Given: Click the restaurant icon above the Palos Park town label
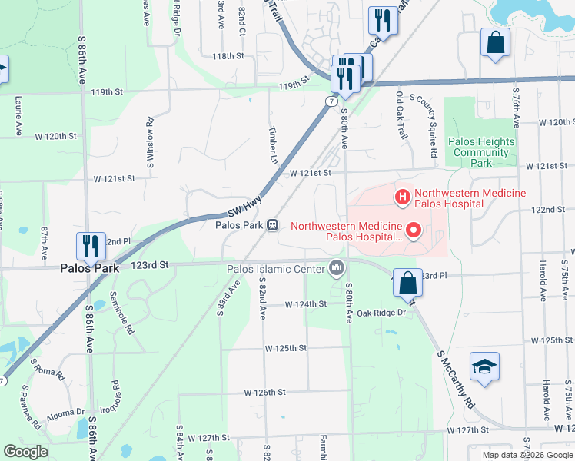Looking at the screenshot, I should [90, 246].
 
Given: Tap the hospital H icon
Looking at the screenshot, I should [402, 198].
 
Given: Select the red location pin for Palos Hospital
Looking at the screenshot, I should [414, 230].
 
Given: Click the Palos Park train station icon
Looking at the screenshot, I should [272, 225].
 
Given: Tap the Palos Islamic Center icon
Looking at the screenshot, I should [336, 268].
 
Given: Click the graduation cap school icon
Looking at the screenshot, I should [484, 366].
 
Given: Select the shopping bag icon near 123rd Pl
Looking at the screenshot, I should [407, 283].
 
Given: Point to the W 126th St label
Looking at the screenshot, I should [265, 392].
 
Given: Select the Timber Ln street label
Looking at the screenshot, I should [272, 145].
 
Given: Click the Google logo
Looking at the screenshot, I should [25, 452].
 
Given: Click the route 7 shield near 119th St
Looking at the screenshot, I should [331, 101].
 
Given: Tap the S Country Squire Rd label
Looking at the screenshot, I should [432, 127].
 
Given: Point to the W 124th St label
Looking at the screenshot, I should [306, 304].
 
